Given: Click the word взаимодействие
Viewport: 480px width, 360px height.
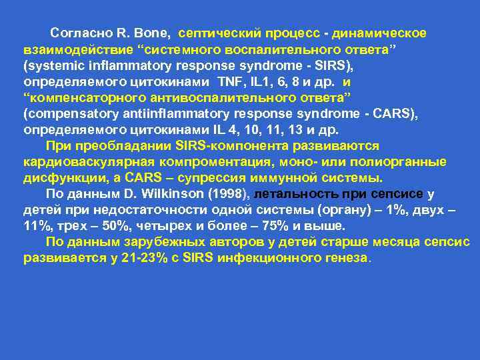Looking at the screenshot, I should pos(67,51).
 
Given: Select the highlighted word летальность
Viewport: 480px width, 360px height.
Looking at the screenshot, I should pos(296,195).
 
